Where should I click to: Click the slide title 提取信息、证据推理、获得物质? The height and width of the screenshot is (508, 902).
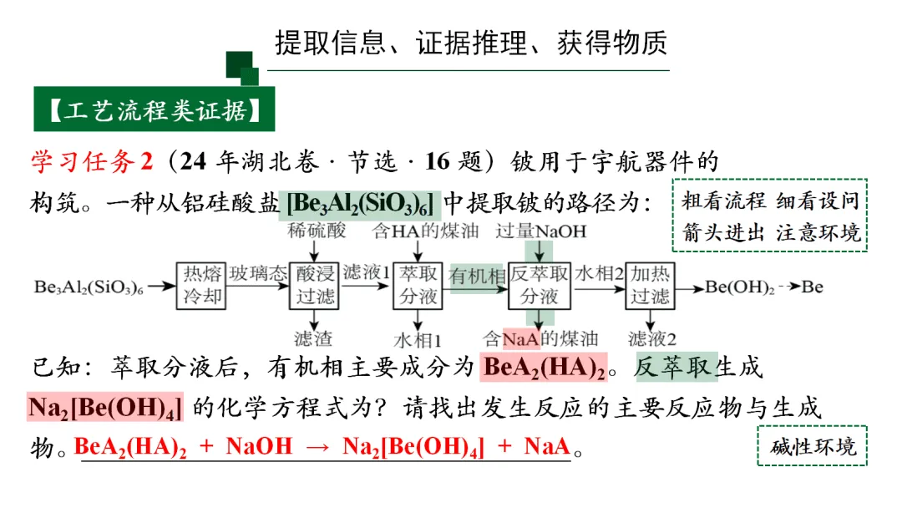[472, 43]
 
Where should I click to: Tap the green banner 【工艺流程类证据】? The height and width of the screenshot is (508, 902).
[155, 109]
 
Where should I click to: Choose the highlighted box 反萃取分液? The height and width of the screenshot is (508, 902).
[540, 286]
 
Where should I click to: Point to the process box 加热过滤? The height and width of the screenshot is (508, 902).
[651, 286]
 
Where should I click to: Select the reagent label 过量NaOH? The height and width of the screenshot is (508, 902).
[541, 231]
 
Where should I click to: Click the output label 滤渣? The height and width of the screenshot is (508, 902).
[313, 338]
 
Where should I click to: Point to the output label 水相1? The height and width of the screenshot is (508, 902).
[418, 339]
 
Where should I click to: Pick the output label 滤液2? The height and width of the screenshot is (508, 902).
[652, 338]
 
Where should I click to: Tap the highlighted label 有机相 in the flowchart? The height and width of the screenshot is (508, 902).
[477, 277]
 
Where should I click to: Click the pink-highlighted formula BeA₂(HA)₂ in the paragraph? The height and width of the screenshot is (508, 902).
[545, 368]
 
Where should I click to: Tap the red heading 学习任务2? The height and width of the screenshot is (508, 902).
[93, 161]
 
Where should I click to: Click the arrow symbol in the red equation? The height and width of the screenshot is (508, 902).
[318, 447]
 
